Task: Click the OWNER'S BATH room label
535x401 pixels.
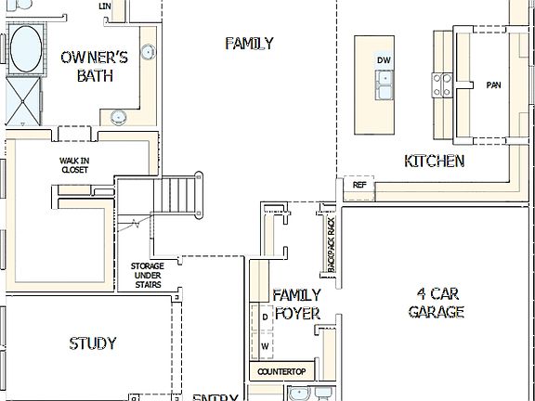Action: [x=88, y=67]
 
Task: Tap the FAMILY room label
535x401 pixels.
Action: [x=249, y=43]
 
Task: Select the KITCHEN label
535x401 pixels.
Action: [x=434, y=162]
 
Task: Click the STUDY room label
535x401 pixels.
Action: [x=93, y=343]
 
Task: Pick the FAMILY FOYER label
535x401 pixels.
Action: [x=297, y=304]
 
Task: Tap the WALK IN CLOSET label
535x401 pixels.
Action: [x=74, y=165]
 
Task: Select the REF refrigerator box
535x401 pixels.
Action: [x=359, y=186]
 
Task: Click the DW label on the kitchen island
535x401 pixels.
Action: [x=384, y=61]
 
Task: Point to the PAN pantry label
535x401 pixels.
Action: [x=493, y=85]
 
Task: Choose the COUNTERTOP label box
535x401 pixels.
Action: [x=281, y=372]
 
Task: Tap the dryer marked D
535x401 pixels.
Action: [x=265, y=317]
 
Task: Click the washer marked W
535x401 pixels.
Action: [x=265, y=345]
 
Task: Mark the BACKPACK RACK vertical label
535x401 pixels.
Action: [x=332, y=242]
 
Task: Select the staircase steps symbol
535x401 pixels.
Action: [x=182, y=195]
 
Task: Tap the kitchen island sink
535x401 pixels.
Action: [x=384, y=87]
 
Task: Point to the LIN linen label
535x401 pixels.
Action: [x=104, y=6]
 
